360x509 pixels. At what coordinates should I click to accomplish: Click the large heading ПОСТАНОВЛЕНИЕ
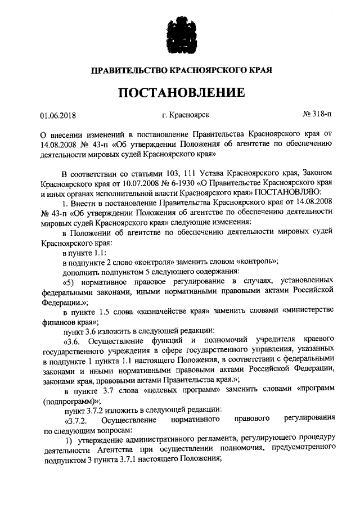coord(181,92)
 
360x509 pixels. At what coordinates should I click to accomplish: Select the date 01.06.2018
coord(58,116)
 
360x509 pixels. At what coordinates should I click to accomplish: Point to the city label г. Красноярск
coord(186,116)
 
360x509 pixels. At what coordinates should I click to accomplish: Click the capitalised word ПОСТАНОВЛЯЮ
coord(289,193)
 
